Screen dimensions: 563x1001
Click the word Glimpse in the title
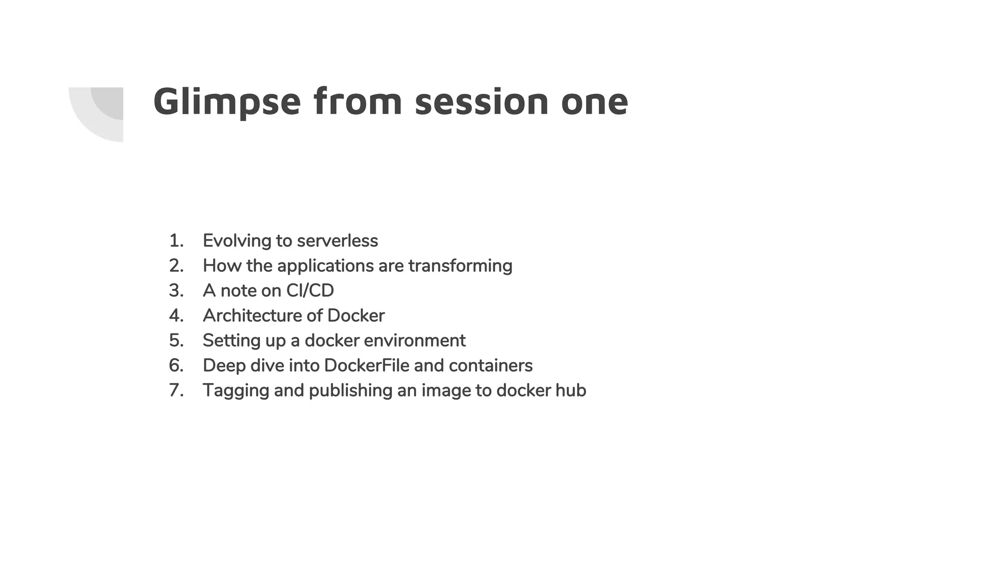[x=227, y=102]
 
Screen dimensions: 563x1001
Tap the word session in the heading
[x=482, y=102]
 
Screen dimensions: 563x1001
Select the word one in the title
[x=594, y=103]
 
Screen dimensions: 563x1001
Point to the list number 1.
[x=175, y=241]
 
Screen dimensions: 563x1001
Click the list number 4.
[x=176, y=316]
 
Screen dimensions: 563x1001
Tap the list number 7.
[x=176, y=390]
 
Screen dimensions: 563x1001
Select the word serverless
[x=337, y=241]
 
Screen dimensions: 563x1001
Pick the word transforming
[x=460, y=266]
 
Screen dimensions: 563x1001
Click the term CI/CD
[x=310, y=291]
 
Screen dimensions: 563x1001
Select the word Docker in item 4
[x=356, y=316]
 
